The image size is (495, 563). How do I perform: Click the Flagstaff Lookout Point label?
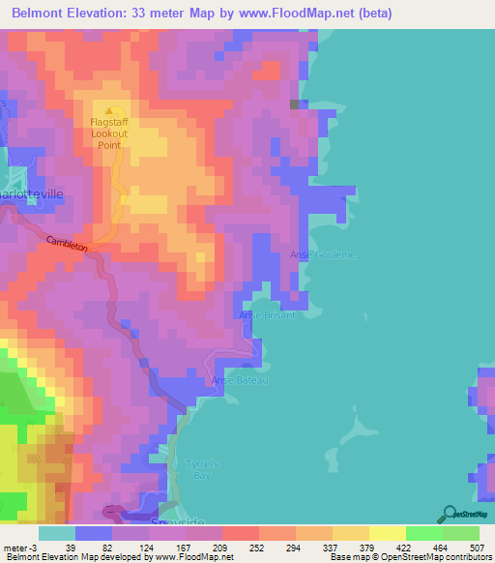[x=109, y=134]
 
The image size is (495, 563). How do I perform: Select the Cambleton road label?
[x=65, y=244]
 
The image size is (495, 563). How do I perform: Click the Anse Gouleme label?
[x=323, y=254]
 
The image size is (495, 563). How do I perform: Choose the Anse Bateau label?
[x=239, y=381]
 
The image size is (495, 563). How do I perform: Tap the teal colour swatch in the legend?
[x=57, y=533]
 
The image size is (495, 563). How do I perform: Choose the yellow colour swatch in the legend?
[x=387, y=533]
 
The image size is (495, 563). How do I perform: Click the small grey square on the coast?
[x=295, y=104]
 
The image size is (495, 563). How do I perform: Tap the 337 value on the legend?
[x=313, y=548]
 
